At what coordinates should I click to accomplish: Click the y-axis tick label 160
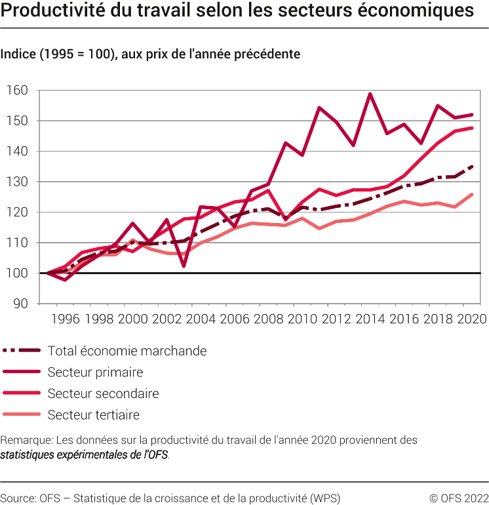click(x=18, y=91)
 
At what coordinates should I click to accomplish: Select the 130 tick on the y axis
click(x=18, y=182)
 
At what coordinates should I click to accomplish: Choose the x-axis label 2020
click(x=471, y=319)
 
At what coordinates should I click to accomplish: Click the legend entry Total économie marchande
click(x=127, y=351)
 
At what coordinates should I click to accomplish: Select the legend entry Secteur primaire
click(x=95, y=373)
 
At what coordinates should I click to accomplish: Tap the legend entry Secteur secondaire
click(x=103, y=394)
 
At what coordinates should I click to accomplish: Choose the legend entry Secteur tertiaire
click(x=93, y=415)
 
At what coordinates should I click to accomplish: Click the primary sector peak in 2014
click(x=370, y=94)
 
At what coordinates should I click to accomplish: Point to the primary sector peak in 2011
click(x=319, y=108)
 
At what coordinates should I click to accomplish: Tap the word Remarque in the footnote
click(x=26, y=440)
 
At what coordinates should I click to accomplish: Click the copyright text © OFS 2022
click(x=458, y=496)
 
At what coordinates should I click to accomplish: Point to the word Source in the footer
click(x=18, y=496)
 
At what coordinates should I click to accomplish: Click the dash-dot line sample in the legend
click(x=22, y=351)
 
